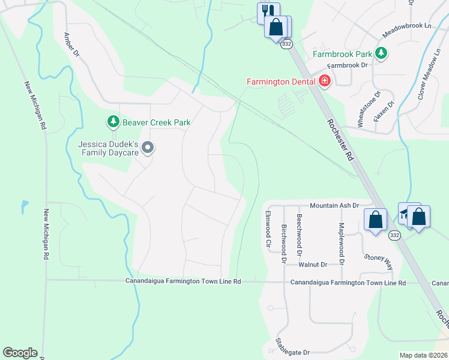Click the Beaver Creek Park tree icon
tap(113, 122)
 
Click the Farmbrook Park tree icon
tap(381, 54)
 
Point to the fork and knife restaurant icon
tap(268, 12)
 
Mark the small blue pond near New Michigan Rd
tap(24, 208)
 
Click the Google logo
tap(20, 353)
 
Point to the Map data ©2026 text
tap(423, 355)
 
